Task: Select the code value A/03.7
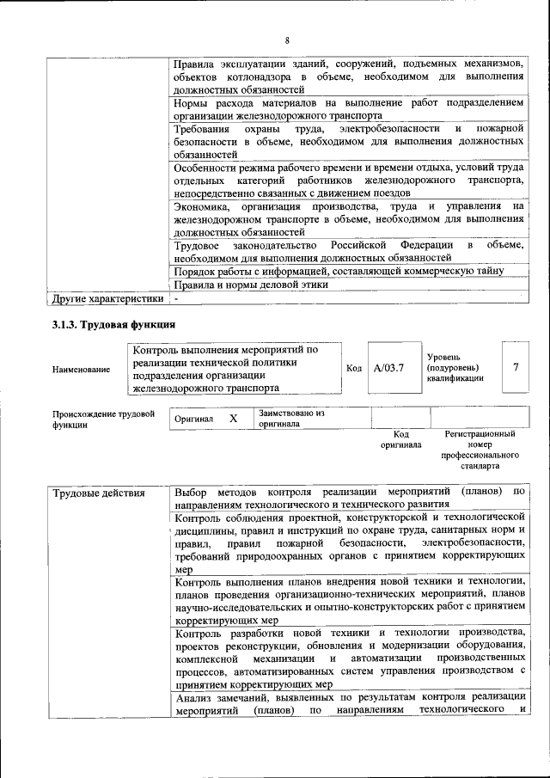(x=389, y=368)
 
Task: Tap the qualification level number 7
(x=516, y=368)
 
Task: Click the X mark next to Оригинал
(x=233, y=418)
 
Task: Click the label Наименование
(x=81, y=370)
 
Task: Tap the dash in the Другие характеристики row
(x=175, y=299)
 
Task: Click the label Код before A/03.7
(x=353, y=369)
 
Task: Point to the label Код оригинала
(x=400, y=439)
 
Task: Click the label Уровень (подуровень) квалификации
(x=455, y=367)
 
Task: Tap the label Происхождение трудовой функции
(x=103, y=419)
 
